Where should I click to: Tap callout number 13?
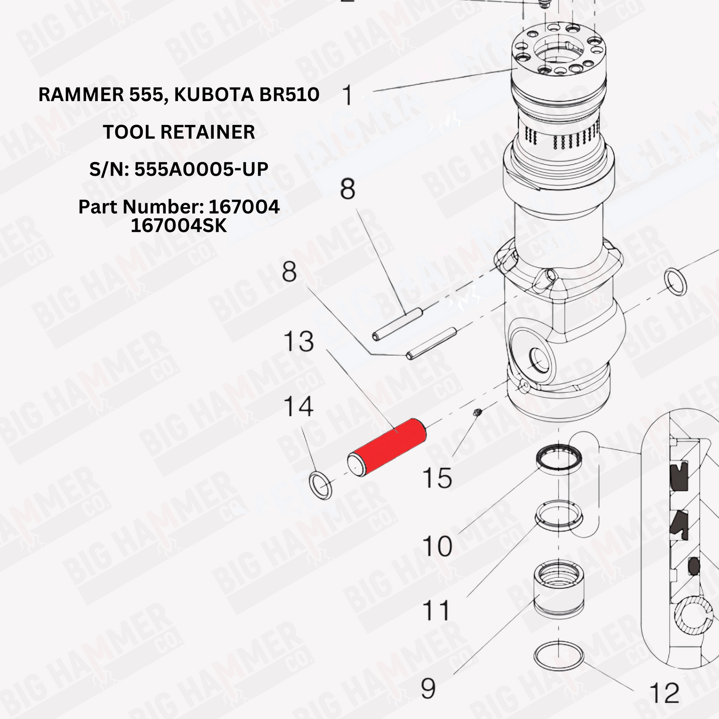(x=298, y=342)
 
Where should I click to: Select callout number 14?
(x=298, y=407)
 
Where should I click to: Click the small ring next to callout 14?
(x=320, y=486)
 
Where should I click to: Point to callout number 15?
(x=437, y=478)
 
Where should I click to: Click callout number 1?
(x=347, y=96)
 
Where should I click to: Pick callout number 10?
(x=437, y=546)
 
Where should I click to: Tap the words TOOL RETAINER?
(x=179, y=132)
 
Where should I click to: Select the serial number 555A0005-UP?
(x=201, y=169)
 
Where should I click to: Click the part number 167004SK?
(x=179, y=226)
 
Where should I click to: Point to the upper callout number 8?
(x=347, y=189)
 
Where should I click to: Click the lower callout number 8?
(x=289, y=272)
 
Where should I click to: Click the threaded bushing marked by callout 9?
(x=559, y=589)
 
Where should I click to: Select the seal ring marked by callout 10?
(x=559, y=458)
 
